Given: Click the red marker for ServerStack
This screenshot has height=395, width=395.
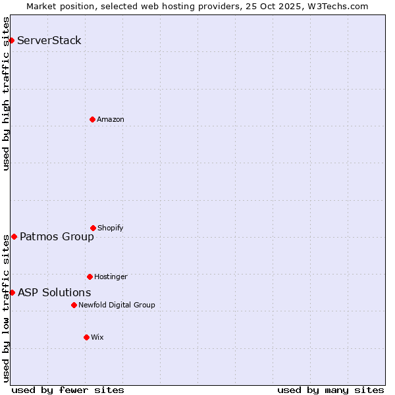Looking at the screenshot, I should pos(11,41).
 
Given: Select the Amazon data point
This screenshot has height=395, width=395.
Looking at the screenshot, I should pos(92,119).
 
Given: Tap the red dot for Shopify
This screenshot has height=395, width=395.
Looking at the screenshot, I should pos(93,228).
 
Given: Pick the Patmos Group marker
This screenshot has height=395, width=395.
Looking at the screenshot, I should pos(14,236).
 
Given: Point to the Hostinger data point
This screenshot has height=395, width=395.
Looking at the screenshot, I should pos(90,276).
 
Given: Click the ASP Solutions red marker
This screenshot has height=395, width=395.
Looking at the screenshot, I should pos(12,292).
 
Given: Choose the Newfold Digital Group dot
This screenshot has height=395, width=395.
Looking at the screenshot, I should pos(74,305).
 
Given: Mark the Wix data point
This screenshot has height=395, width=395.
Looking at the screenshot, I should pos(86,337).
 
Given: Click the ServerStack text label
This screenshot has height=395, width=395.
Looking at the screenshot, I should pos(49,41).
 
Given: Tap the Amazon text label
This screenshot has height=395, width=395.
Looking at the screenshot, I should pos(111,119).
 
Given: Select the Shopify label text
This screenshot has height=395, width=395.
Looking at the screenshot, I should pos(111,228).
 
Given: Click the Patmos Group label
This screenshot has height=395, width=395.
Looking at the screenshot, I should pos(57,237).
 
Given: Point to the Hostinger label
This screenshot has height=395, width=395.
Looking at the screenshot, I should pos(111,276).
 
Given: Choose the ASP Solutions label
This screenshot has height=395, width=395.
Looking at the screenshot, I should pos(55,293).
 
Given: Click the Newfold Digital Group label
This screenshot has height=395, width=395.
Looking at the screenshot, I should pos(117,305).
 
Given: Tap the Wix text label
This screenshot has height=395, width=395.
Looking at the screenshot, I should pos(97,337).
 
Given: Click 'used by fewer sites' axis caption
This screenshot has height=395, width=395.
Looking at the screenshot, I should pos(68,390).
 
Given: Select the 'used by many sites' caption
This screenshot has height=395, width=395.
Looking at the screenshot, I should pos(330,390).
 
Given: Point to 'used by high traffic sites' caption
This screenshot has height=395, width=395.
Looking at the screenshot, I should pos(6,93).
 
